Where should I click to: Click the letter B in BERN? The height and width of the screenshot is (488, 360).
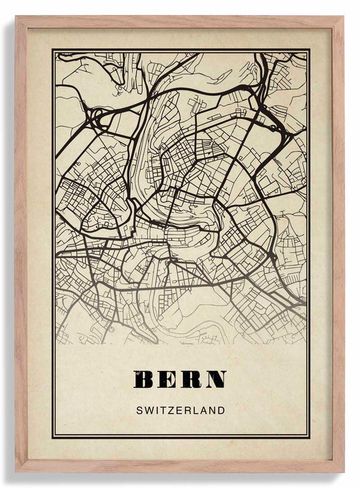coord(145,380)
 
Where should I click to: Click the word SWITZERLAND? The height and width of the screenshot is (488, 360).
coord(180,410)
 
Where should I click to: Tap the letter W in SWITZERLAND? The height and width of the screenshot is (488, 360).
coord(148,410)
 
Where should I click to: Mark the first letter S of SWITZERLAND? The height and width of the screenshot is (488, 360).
coord(139,410)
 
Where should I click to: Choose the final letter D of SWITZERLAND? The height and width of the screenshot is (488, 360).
coord(222,410)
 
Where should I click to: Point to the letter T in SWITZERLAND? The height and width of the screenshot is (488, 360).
coord(163,410)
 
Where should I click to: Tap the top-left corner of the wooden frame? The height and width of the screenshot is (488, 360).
coord(16,17)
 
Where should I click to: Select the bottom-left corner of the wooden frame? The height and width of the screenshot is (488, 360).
coord(16,470)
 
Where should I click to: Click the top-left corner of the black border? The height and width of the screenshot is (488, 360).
coord(52,49)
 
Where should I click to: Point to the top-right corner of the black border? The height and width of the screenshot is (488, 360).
coord(309,49)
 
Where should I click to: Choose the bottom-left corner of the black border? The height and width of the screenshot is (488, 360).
coord(52,438)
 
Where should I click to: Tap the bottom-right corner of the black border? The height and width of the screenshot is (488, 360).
coord(309,438)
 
